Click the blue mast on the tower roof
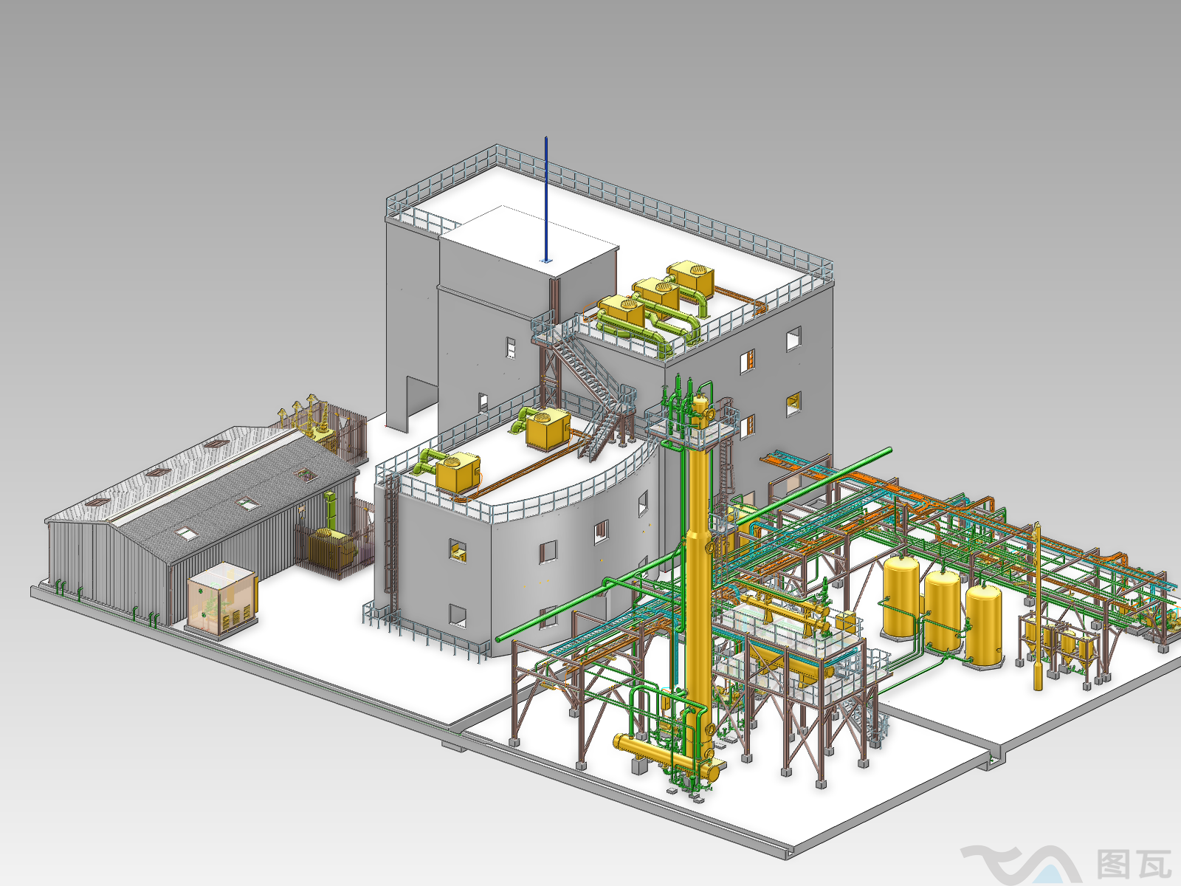[x=546, y=199]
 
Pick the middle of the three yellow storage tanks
[x=942, y=611]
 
